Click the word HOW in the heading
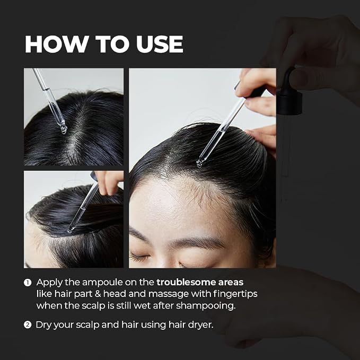56,44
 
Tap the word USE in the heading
160,44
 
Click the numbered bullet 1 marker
28,283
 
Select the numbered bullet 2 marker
28,325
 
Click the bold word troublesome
186,282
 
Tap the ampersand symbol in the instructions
98,294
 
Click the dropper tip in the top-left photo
64,130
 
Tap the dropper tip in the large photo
199,163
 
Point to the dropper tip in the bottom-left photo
70,230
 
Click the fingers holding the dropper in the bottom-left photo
109,182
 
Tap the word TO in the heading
112,44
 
